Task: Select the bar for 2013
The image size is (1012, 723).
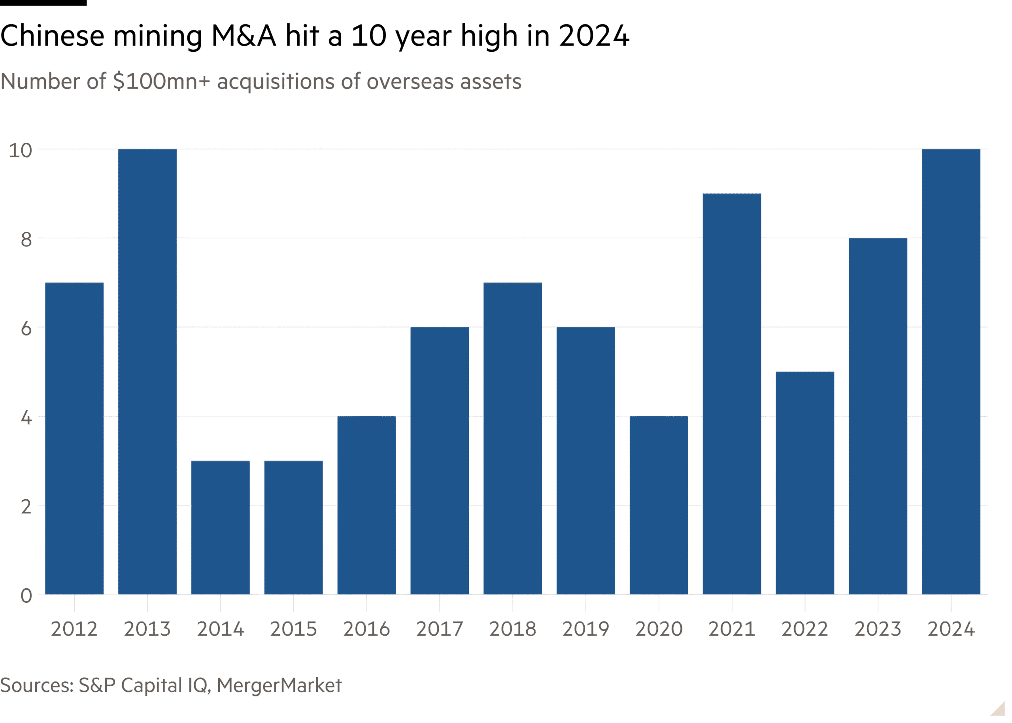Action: tap(147, 371)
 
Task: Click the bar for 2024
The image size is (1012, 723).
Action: tap(951, 371)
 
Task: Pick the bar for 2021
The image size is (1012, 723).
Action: tap(731, 394)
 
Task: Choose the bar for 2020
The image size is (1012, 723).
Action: tap(659, 505)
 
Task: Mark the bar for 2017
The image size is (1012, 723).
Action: tap(440, 461)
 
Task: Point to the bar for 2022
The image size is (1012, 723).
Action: tap(804, 483)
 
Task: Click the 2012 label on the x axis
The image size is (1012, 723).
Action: tap(74, 629)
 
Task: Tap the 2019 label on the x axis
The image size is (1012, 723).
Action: tap(585, 629)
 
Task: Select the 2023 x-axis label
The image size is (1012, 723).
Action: tap(878, 629)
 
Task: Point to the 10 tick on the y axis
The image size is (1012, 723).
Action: tap(21, 151)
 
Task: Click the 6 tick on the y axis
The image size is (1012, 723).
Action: tap(26, 328)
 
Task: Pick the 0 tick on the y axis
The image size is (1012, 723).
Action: tap(26, 596)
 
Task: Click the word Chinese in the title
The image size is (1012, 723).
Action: tap(52, 36)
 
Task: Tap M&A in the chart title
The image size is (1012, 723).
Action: tap(244, 36)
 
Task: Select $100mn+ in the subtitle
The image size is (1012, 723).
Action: tap(161, 81)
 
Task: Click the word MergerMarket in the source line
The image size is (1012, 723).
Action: tap(279, 685)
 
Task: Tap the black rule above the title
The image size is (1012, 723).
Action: tap(43, 3)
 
